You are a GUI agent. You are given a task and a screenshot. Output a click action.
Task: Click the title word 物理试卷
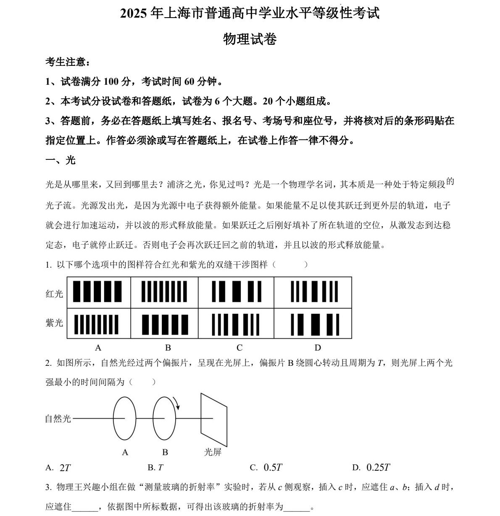point(250,39)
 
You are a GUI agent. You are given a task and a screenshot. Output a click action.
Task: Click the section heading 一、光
point(61,160)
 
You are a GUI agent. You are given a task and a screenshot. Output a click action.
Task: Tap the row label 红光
point(54,294)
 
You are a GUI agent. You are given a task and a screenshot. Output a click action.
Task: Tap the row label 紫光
point(54,323)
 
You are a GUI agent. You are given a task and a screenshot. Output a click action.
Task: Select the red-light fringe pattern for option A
point(97,292)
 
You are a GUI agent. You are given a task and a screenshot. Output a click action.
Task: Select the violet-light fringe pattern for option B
point(165,324)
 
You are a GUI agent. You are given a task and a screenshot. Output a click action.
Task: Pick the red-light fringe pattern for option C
point(236,292)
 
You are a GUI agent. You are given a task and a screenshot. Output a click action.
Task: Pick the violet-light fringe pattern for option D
point(314,324)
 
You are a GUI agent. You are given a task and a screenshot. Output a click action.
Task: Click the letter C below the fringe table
point(239,348)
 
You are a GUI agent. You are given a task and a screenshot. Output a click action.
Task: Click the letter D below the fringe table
point(318,348)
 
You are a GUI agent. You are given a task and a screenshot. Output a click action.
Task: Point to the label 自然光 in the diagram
point(58,419)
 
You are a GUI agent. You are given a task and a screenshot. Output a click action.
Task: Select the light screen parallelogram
point(213,420)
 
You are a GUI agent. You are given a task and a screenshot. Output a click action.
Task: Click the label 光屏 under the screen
point(213,452)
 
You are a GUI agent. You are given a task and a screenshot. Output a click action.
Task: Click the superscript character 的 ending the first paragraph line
point(450,182)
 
